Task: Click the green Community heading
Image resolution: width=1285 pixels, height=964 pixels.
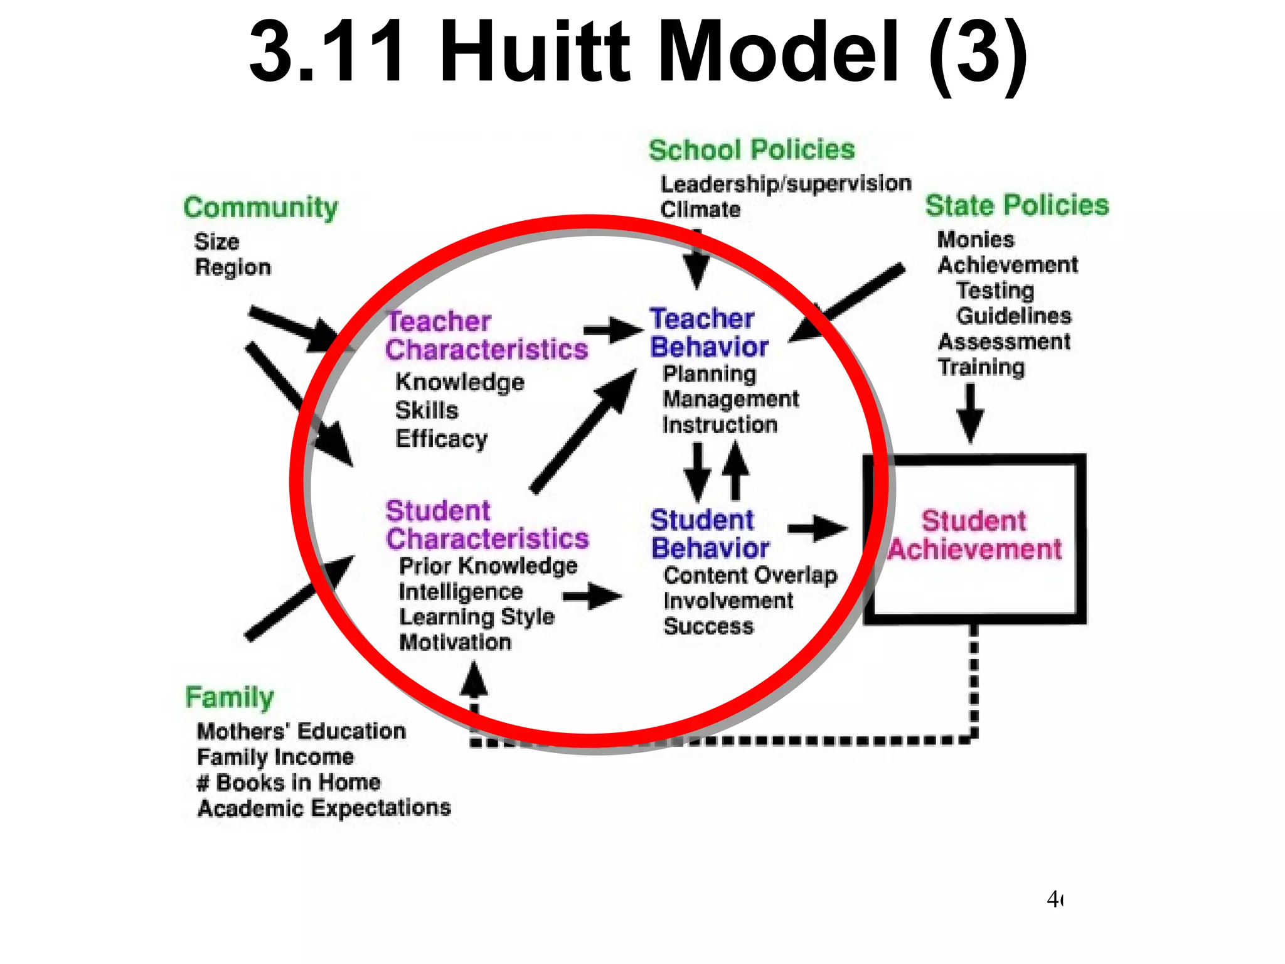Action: (x=260, y=208)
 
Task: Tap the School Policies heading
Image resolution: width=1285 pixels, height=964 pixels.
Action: (x=751, y=151)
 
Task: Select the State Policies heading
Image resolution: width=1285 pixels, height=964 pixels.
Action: (x=1016, y=206)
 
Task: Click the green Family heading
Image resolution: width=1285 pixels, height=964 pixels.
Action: (x=230, y=697)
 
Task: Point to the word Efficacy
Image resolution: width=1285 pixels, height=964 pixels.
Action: (x=441, y=439)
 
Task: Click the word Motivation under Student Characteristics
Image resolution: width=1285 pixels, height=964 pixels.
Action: (x=456, y=642)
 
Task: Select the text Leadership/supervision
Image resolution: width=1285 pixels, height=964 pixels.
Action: (x=786, y=184)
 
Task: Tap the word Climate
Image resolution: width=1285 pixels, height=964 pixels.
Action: (x=700, y=210)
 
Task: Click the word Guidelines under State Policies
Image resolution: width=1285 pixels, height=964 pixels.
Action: (x=1013, y=316)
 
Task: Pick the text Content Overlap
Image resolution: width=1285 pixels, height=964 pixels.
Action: (x=750, y=575)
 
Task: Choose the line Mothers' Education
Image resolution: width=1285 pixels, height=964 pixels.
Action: (x=301, y=731)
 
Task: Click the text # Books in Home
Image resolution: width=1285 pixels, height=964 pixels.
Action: (x=289, y=783)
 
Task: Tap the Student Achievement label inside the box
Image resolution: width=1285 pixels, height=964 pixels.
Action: (x=974, y=535)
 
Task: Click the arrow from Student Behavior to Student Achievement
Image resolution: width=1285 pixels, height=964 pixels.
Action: (x=817, y=528)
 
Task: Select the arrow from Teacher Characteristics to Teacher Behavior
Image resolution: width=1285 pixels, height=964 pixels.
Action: (x=612, y=330)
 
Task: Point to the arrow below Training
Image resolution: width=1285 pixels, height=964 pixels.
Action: (x=970, y=413)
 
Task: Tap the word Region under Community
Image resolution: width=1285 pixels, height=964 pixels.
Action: (x=233, y=267)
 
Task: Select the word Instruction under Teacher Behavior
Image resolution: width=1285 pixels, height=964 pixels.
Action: (x=720, y=425)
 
